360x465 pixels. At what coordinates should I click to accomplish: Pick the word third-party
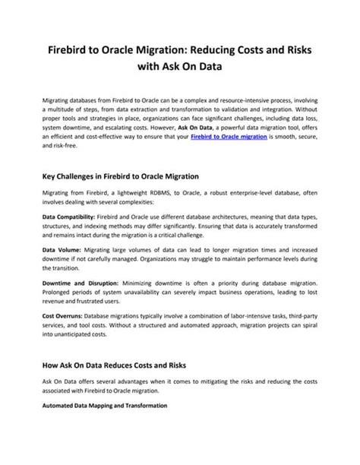click(301, 314)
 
